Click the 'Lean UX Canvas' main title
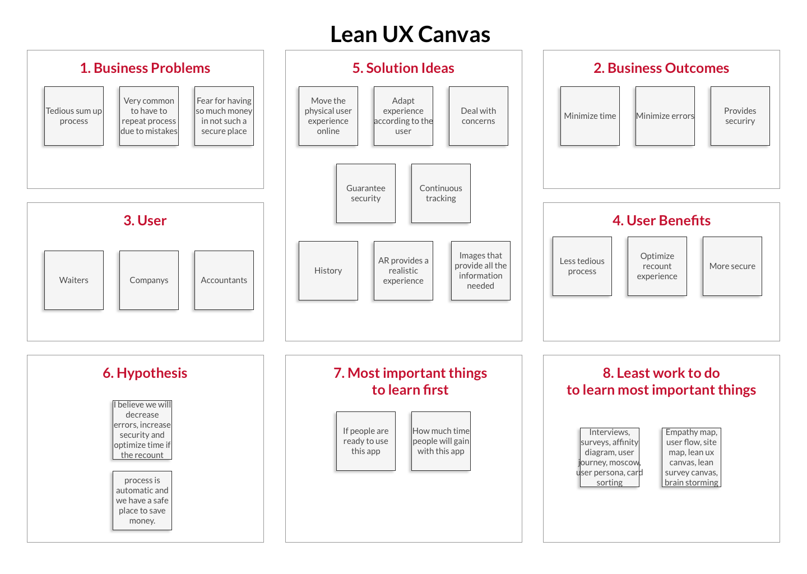410,35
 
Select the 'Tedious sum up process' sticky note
74,116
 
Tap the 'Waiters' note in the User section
74,280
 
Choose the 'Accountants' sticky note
224,280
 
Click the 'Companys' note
149,280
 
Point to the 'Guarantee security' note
365,193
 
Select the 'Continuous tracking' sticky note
440,193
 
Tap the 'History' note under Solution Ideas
328,271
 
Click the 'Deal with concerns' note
478,116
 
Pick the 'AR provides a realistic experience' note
403,271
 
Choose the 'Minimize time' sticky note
590,116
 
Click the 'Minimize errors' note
665,116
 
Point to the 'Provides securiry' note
740,116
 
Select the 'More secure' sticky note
732,266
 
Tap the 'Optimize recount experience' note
657,266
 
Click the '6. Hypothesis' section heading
145,373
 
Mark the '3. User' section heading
145,221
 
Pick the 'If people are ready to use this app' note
365,441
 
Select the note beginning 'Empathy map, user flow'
691,457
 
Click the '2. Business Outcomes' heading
661,68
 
